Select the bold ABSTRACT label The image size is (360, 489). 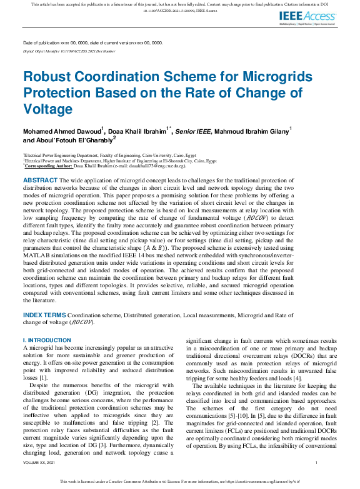(x=41, y=180)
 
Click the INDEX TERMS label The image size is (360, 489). (x=44, y=317)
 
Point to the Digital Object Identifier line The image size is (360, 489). (x=69, y=51)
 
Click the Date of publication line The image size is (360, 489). (x=92, y=42)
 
